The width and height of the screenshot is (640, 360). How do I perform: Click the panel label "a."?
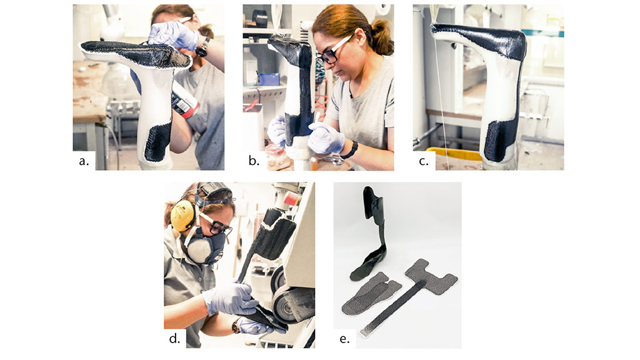tap(84, 161)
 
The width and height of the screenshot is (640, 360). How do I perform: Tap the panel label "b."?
tap(254, 161)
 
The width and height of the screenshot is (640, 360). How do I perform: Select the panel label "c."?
tap(424, 161)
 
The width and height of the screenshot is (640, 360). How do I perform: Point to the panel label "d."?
tap(174, 338)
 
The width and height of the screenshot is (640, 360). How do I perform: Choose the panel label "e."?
tap(344, 339)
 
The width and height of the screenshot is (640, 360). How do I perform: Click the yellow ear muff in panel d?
tap(182, 216)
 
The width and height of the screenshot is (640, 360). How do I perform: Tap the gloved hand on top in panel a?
tap(173, 35)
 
